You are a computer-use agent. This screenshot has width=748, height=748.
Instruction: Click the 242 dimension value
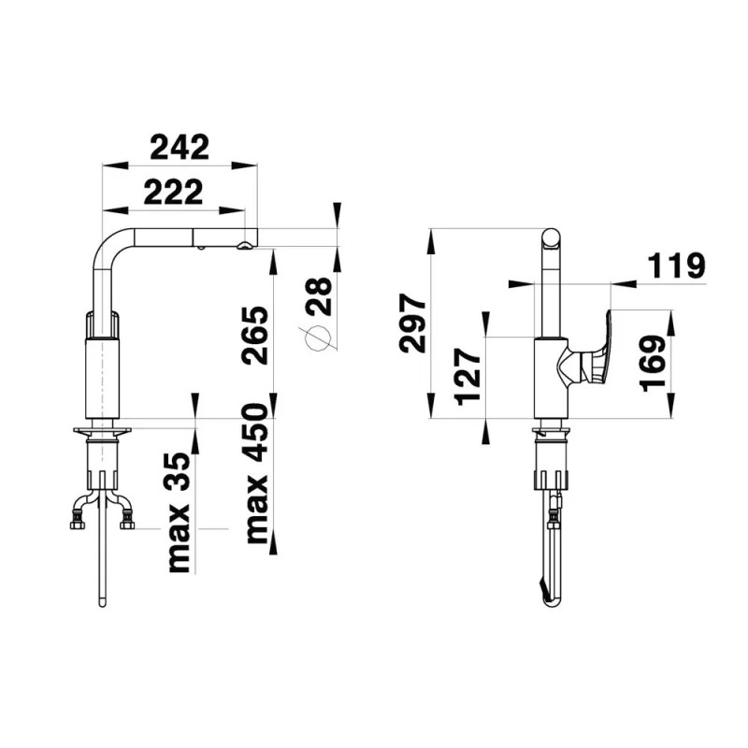click(x=180, y=148)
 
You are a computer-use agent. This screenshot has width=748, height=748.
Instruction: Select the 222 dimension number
click(x=174, y=192)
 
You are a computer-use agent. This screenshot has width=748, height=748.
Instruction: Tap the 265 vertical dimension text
click(x=254, y=336)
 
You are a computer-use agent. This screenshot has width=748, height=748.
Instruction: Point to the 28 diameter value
click(x=319, y=296)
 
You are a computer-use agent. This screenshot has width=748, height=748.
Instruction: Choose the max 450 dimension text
click(x=256, y=474)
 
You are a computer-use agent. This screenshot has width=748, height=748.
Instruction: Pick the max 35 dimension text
click(x=180, y=512)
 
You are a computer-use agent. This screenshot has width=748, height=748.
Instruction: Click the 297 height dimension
click(x=412, y=324)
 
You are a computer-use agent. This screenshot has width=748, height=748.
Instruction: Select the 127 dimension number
click(x=467, y=377)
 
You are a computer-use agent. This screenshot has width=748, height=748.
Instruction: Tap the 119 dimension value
click(x=676, y=266)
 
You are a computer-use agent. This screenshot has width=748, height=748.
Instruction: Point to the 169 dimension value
click(x=653, y=364)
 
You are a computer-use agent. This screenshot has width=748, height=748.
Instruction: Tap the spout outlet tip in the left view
click(x=244, y=246)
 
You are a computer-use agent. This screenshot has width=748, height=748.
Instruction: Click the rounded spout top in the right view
click(x=551, y=238)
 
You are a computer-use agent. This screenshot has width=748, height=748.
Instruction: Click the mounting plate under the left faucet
click(x=102, y=431)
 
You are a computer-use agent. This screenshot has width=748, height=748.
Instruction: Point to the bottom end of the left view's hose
click(x=102, y=603)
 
